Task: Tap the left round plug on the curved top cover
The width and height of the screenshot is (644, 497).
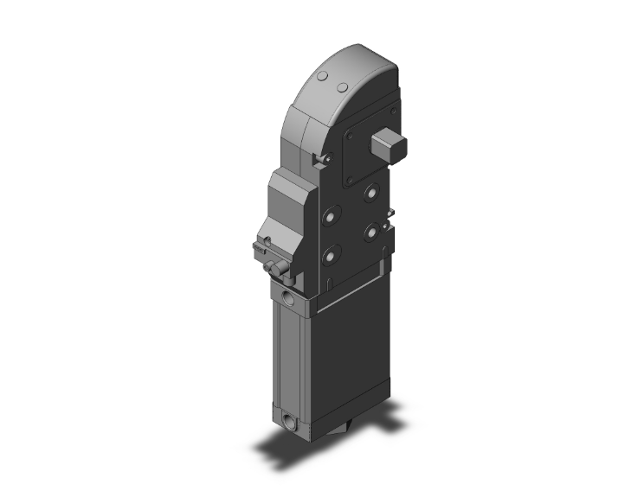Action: (x=323, y=78)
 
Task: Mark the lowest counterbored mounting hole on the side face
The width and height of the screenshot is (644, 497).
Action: (x=330, y=256)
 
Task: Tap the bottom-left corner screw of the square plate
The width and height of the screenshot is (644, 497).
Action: (x=350, y=182)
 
